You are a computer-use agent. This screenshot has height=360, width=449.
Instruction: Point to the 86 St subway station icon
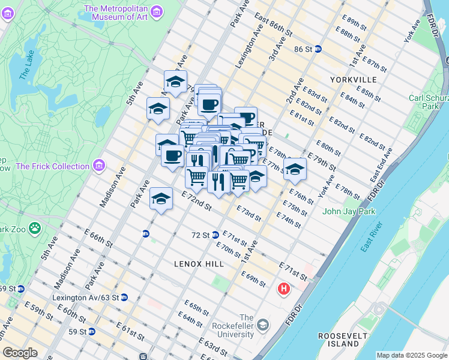[318, 49]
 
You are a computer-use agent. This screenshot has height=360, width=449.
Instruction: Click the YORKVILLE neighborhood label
[353, 79]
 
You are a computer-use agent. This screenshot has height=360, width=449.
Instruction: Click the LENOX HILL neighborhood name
[199, 263]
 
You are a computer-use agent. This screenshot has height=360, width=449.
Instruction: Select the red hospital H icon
[284, 290]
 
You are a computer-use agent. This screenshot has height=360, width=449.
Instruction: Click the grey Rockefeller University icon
[263, 325]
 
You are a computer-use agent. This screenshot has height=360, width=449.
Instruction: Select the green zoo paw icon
[35, 228]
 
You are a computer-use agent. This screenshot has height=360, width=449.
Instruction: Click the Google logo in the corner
[20, 353]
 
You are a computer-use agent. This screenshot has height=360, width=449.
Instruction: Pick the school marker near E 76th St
[295, 169]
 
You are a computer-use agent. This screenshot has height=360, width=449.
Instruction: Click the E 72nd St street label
[196, 201]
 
